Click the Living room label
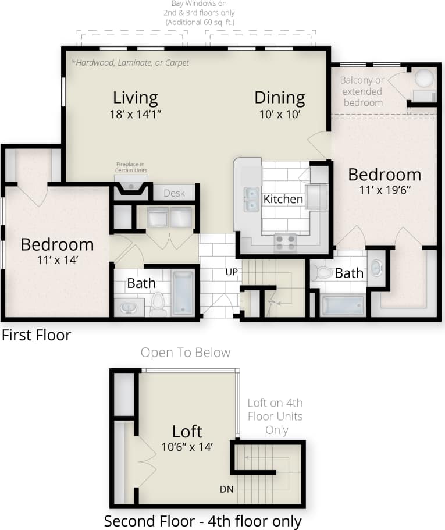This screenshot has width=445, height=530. point(136,97)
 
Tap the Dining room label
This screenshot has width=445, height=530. point(279,97)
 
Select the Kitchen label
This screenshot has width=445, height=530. point(283,199)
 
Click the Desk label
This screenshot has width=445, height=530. point(174,193)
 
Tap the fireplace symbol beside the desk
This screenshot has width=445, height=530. point(131,187)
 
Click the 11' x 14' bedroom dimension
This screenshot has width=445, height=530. point(56,259)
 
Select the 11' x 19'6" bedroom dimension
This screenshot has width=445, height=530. point(385,189)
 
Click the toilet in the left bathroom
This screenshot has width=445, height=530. point(158,304)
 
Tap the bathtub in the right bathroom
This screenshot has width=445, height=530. point(343,305)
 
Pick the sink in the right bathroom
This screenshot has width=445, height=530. point(376,268)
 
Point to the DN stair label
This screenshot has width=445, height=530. point(227,489)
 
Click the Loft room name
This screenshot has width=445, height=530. point(187,431)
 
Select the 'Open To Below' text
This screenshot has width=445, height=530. point(186,353)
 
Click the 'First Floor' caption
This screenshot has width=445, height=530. point(36,335)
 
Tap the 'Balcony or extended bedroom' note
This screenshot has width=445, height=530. point(362,91)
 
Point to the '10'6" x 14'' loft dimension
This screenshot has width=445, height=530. point(187,447)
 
